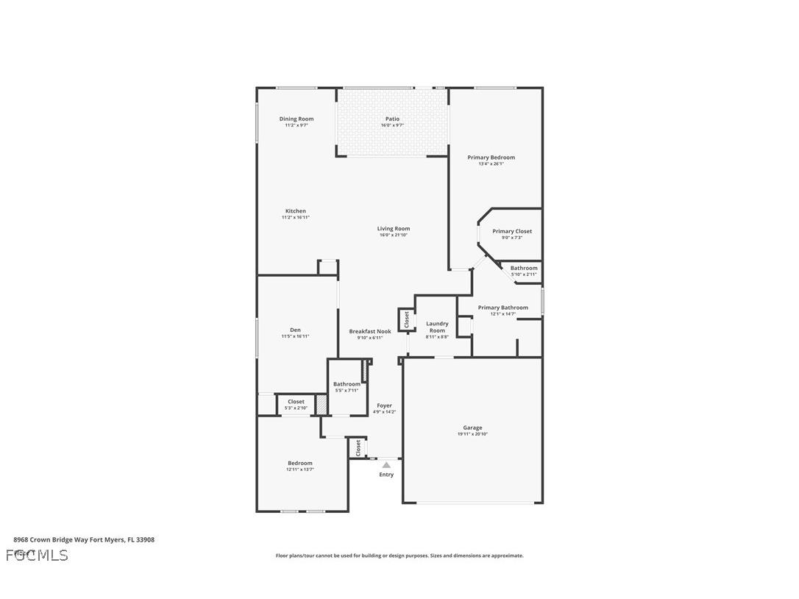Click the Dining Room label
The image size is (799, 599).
296,119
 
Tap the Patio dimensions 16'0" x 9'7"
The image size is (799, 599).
392,126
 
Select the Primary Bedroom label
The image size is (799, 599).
491,157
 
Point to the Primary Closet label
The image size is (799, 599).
512,231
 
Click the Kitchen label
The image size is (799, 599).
296,211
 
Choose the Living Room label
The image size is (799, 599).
394,229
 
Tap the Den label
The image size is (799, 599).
295,330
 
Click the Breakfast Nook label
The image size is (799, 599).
370,331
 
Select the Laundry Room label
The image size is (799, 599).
437,327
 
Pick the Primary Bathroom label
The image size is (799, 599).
503,308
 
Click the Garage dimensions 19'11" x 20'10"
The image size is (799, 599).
472,434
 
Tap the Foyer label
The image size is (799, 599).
385,405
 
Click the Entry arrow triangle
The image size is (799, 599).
386,465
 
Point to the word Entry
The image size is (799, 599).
386,475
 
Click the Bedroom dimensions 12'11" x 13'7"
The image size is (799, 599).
299,469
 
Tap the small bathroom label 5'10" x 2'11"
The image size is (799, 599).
524,274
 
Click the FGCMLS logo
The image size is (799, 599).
37,555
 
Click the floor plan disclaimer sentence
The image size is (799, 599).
399,556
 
